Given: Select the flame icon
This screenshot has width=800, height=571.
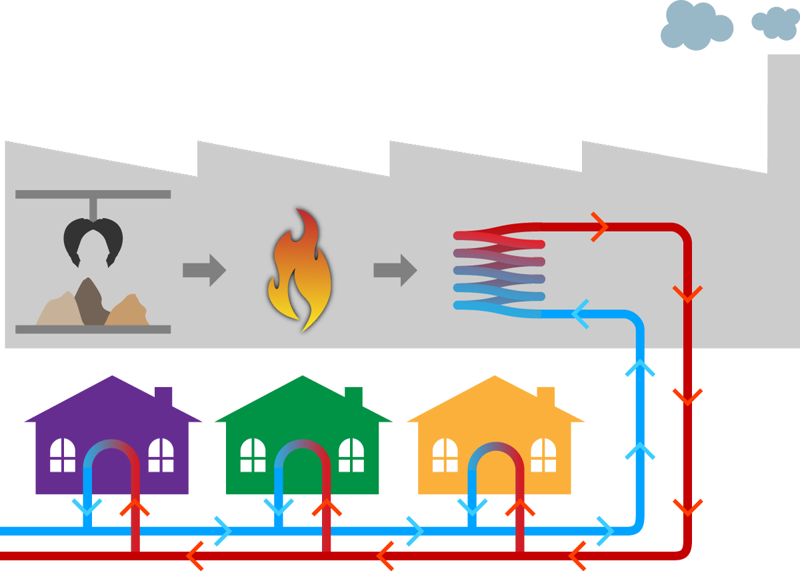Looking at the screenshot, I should [x=299, y=270].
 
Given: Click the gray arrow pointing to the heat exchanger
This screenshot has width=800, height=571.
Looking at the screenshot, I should [x=395, y=270].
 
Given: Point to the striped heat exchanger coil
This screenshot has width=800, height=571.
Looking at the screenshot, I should [x=499, y=271].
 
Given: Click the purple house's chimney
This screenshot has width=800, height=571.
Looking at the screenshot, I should [x=163, y=397].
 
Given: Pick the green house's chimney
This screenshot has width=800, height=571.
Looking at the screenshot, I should [x=354, y=397].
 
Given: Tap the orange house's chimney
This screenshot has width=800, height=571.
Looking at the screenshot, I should [x=545, y=397].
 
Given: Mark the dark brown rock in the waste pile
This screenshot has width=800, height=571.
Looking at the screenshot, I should [x=89, y=303].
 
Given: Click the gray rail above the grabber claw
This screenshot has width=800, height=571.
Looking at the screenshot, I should [x=93, y=195].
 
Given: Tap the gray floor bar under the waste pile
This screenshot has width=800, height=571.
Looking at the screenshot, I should [x=93, y=329].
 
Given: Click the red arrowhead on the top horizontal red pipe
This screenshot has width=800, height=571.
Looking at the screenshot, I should [x=599, y=227].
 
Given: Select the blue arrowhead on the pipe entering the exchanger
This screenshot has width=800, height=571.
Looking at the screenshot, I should [x=581, y=314].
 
